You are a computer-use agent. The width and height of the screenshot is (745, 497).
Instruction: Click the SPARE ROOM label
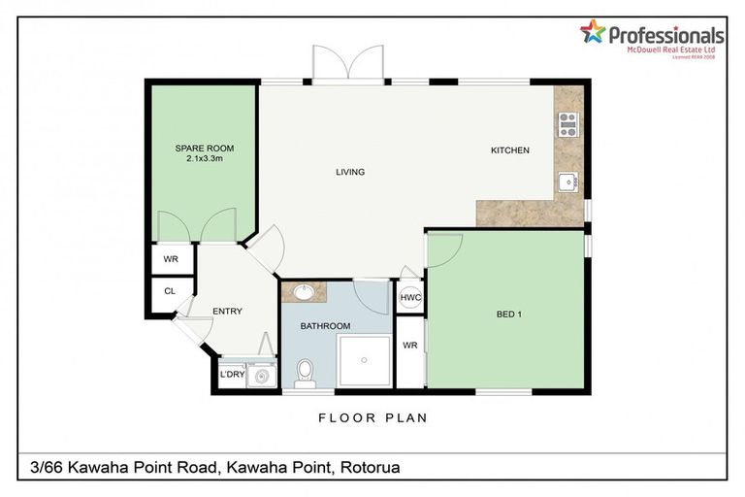tap(204, 149)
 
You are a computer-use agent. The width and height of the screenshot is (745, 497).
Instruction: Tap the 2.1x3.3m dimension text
tap(204, 159)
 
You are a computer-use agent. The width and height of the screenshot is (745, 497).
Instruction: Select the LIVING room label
tap(349, 173)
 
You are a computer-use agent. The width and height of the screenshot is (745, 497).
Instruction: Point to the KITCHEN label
tap(509, 150)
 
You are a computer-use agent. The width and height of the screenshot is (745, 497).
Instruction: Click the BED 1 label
tap(509, 314)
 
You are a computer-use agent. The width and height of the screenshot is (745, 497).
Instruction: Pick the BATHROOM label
tap(324, 326)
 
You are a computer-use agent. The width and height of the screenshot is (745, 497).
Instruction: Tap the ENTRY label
tap(227, 311)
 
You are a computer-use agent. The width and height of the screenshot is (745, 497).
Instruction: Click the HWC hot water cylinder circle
tap(409, 298)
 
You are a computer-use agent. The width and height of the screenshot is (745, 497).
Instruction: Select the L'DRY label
tap(231, 374)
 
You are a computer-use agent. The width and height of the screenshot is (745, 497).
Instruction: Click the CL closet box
tap(170, 290)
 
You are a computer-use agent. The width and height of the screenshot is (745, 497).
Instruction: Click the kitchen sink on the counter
tap(567, 181)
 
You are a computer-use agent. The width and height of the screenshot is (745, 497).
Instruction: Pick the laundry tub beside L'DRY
tap(260, 374)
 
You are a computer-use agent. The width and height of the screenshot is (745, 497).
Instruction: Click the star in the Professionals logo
tap(592, 31)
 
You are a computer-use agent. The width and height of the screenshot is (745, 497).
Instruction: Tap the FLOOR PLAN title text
tap(372, 418)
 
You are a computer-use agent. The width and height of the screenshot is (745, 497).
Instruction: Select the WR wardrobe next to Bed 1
tap(409, 346)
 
